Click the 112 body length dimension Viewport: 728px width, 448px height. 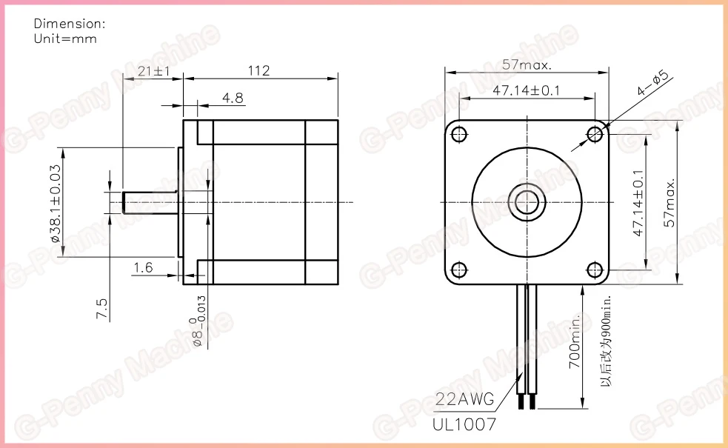(x=258, y=70)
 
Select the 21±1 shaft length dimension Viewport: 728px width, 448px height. (x=154, y=71)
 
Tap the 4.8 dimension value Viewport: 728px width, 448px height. (x=233, y=98)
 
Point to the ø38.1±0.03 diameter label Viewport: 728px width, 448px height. (x=56, y=204)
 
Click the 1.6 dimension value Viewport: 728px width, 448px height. (x=143, y=267)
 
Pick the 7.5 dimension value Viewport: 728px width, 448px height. (x=101, y=308)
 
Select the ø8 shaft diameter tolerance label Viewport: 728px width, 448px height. (x=198, y=321)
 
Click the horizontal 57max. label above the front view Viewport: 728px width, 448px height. (x=527, y=64)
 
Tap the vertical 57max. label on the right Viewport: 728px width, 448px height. (x=669, y=203)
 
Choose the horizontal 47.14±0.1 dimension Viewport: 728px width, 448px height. (x=526, y=90)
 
